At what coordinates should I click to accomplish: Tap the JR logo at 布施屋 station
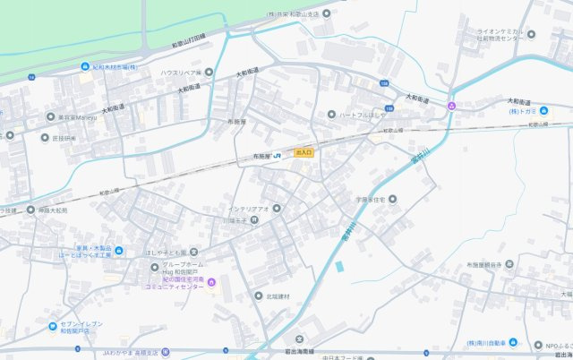278,155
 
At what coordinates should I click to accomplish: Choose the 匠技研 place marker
46,138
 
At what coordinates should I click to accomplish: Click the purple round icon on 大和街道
451,107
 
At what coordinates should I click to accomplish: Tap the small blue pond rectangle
339,267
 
